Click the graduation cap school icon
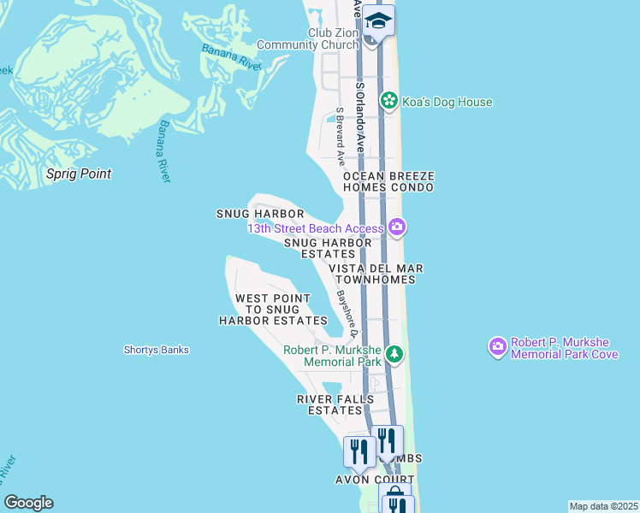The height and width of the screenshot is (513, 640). click(x=377, y=20)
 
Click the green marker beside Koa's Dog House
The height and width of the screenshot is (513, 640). click(x=389, y=102)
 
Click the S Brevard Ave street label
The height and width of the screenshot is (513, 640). click(x=340, y=136)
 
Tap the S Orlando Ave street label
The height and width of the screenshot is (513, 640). click(x=361, y=115)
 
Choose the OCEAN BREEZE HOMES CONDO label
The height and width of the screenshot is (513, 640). click(x=388, y=182)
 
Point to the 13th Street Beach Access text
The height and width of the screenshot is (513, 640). click(x=316, y=228)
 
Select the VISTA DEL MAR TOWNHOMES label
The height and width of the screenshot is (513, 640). click(x=376, y=274)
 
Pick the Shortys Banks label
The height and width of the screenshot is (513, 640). click(x=156, y=350)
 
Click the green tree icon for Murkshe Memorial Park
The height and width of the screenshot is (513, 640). click(x=394, y=353)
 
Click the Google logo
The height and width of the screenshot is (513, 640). click(x=28, y=503)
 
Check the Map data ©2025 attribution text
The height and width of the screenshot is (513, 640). click(x=603, y=506)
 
